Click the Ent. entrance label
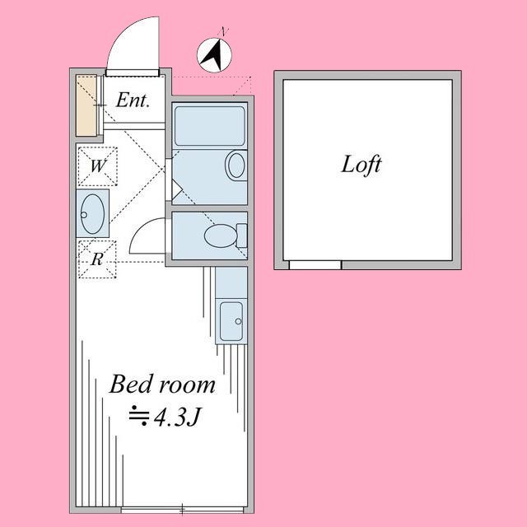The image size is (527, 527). (x=132, y=101)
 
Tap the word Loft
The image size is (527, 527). (x=361, y=164)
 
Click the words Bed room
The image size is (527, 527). (x=162, y=384)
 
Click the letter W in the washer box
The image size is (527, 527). (x=97, y=165)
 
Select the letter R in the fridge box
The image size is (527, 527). (x=97, y=259)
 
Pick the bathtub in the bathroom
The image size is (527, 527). (x=210, y=125)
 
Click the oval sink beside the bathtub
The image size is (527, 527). (x=236, y=166)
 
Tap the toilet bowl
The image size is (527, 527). (x=219, y=237)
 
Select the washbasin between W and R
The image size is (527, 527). (x=92, y=212)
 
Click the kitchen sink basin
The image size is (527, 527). (x=231, y=318)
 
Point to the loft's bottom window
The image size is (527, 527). (x=315, y=265)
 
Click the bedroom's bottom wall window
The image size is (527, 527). (x=182, y=510)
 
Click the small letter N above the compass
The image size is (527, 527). (x=223, y=31)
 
